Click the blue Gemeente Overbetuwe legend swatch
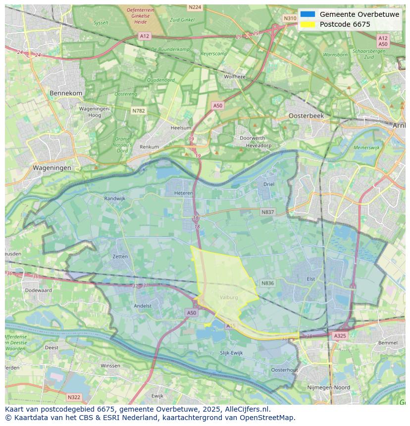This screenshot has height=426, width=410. pos(307,14)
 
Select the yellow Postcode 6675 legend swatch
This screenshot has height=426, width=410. pos(307,24)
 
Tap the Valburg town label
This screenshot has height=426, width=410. pos(229,297)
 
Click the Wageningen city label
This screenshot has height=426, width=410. pos(52,168)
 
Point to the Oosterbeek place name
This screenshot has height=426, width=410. pos(306,115)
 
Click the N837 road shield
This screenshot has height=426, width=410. pos(267,212)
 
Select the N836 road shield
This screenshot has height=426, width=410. pos(267,283)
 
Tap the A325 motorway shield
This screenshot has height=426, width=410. pos(340,335)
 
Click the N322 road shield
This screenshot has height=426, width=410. pos(74,397)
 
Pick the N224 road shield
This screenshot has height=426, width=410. pos(195,7)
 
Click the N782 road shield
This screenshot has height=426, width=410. pos(139,111)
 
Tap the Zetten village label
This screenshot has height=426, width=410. pos(120,256)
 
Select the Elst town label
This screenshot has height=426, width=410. pos(311,279)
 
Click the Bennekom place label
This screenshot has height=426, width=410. pos(66,93)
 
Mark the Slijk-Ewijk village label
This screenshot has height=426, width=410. pos(231,353)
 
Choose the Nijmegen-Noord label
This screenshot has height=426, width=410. pos(329,387)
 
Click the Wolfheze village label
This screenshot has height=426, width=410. pos(235,77)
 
